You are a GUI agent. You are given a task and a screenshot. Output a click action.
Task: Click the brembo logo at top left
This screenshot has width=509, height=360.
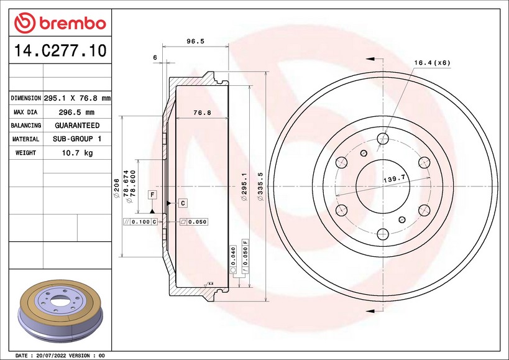tap(60, 23)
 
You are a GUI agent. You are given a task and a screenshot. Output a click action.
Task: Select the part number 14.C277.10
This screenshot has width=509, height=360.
tap(60, 50)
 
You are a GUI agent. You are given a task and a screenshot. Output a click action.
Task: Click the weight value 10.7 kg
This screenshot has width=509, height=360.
tap(77, 153)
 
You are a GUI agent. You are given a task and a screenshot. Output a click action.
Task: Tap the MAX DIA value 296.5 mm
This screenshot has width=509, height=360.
tap(76, 113)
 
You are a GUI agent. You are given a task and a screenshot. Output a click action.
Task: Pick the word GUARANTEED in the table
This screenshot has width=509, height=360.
tap(77, 126)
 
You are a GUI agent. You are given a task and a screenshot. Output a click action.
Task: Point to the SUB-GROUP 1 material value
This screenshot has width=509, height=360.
tap(77, 139)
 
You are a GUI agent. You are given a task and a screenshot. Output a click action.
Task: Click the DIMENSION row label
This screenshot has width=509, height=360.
tap(25, 98)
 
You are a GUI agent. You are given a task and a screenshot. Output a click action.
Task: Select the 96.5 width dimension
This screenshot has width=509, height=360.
tap(195, 41)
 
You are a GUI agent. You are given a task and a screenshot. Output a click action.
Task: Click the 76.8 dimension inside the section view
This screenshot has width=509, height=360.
tap(202, 113)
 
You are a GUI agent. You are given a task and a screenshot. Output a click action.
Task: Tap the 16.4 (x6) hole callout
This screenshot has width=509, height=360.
tap(433, 63)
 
